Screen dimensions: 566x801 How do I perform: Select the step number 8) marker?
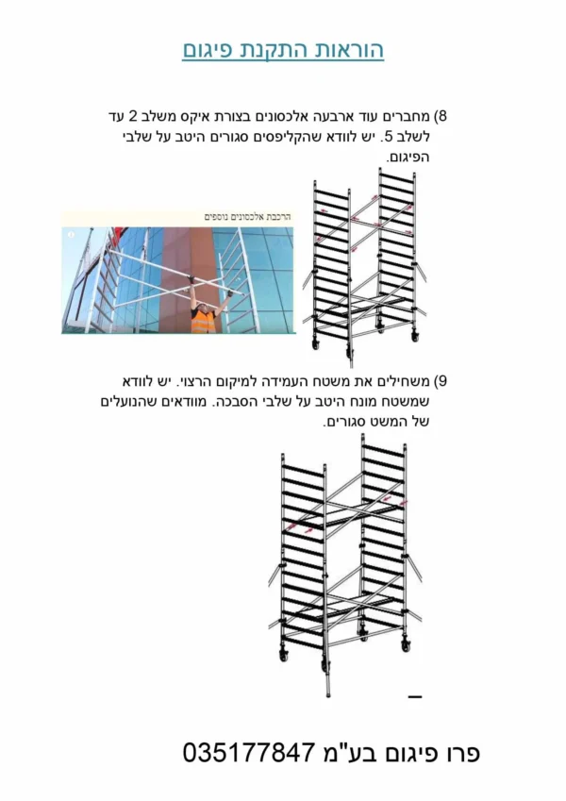(x=441, y=116)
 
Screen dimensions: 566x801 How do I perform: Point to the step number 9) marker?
(x=441, y=381)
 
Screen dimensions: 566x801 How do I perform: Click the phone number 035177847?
(x=248, y=753)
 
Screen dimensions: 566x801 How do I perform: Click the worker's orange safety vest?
(x=204, y=320)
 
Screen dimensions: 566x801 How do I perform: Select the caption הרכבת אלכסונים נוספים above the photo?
(x=248, y=217)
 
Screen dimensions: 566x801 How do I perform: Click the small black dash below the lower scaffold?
(x=415, y=697)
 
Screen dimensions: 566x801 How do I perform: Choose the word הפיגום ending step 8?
(x=408, y=158)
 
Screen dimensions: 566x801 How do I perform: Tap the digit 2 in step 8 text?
(x=132, y=116)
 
